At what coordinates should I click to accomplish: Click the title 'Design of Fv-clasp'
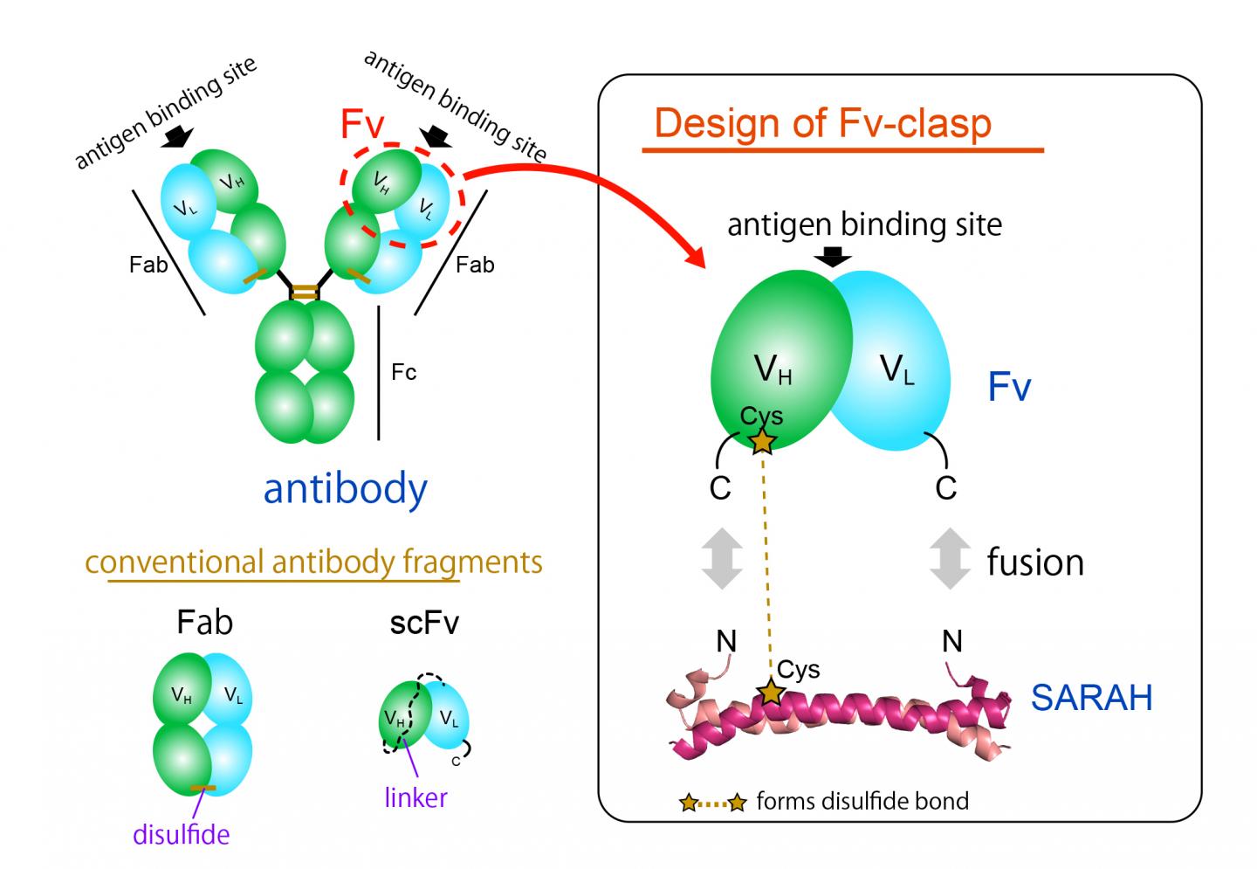[x=822, y=123]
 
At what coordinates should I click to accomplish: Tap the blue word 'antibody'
[x=346, y=489]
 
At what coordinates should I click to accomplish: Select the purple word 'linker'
[x=416, y=797]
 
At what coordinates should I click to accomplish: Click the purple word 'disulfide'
[x=182, y=834]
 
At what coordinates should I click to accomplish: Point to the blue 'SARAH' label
[x=1091, y=698]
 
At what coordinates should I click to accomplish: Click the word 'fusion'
[x=1035, y=562]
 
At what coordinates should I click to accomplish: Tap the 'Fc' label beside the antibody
[x=403, y=373]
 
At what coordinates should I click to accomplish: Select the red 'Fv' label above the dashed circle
[x=361, y=125]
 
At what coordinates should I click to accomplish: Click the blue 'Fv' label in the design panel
[x=1009, y=386]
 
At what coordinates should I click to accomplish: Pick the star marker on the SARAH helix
[x=770, y=693]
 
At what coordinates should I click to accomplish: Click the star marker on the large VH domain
[x=762, y=441]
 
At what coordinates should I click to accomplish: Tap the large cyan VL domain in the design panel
[x=899, y=367]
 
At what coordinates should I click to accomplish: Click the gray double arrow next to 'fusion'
[x=950, y=558]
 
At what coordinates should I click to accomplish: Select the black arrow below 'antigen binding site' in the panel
[x=835, y=255]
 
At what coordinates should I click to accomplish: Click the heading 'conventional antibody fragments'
[x=314, y=562]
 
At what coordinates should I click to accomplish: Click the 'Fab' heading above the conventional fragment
[x=204, y=622]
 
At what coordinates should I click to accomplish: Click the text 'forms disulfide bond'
[x=862, y=801]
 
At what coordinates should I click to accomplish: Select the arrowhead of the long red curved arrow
[x=699, y=258]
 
